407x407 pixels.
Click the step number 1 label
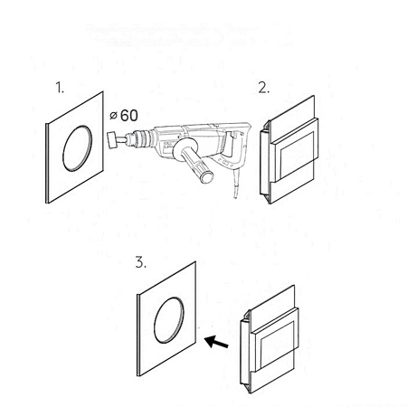coord(60,88)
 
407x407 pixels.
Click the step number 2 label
coord(264,88)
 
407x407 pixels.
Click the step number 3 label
coord(141,262)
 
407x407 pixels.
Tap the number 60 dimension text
coord(129,116)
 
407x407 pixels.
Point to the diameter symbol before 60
coord(113,116)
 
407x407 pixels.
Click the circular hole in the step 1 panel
coord(78,148)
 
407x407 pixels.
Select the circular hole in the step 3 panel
coord(169,320)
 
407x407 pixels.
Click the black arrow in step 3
coord(216,342)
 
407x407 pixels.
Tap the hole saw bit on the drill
coord(112,140)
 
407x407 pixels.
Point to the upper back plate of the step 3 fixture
coord(272,308)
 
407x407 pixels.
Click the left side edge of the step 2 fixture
coord(264,162)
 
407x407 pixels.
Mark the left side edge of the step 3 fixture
coord(245,352)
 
